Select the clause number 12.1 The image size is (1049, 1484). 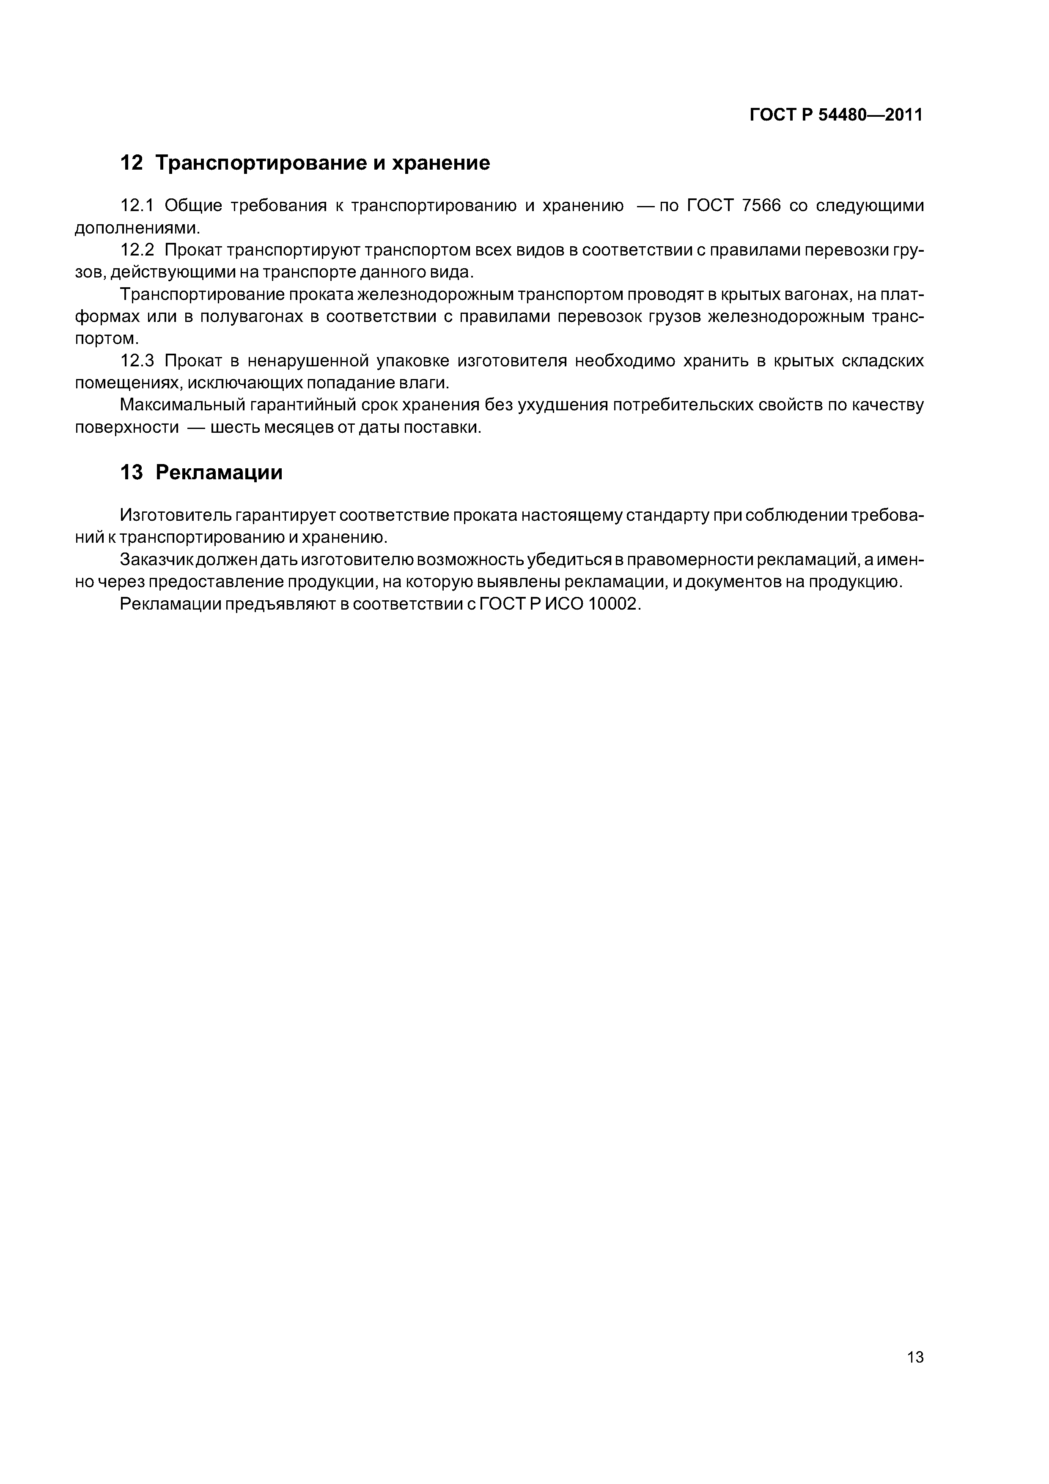point(137,206)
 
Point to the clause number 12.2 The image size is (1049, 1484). point(137,250)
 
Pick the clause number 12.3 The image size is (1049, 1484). point(137,361)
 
